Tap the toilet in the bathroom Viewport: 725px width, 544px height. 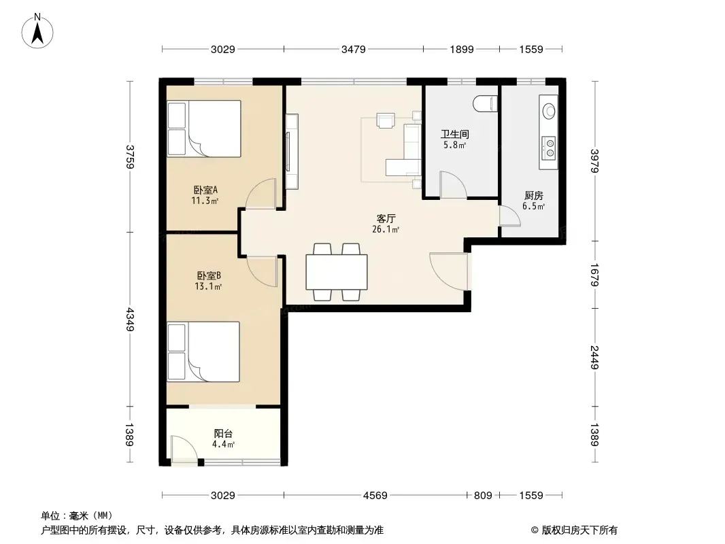pos(485,103)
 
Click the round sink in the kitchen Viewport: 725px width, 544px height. pos(550,110)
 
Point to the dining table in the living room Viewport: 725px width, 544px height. pos(337,272)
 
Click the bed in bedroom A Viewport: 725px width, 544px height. pos(204,129)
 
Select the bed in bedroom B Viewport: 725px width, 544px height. pos(203,352)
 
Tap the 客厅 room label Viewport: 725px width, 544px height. pos(386,218)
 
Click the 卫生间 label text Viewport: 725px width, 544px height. pos(454,134)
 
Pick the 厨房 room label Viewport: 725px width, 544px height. pos(534,196)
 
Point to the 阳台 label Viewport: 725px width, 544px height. pos(223,434)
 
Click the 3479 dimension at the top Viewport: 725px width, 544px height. pos(353,49)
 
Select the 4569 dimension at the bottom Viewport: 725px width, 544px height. pos(375,496)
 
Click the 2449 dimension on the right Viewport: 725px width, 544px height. pos(595,357)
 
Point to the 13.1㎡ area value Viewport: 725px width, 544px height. pos(208,286)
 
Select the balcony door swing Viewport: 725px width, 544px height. pos(184,448)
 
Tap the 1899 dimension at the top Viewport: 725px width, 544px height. pos(462,49)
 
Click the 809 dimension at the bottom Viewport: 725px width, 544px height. pos(483,496)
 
